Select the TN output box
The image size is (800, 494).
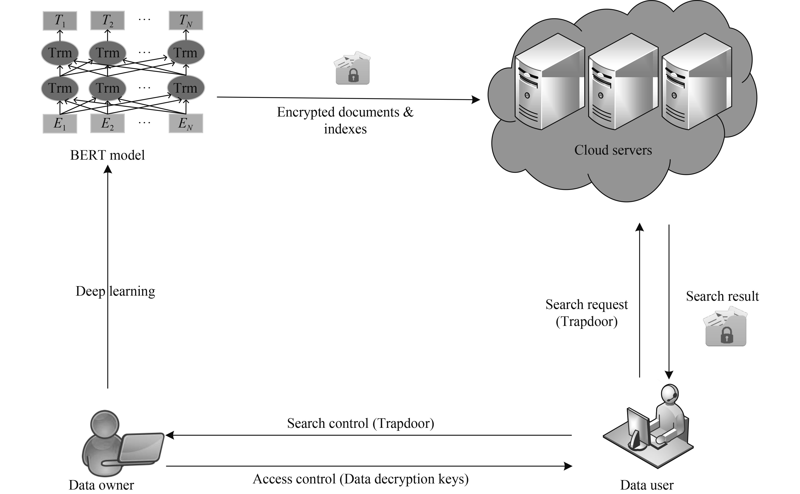[x=186, y=21]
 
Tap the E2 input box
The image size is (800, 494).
[x=107, y=124]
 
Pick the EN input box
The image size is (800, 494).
[x=186, y=124]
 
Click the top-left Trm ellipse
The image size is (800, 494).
[x=60, y=53]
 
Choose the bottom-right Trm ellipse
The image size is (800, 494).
[x=186, y=88]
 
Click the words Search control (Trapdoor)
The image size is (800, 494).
[x=361, y=423]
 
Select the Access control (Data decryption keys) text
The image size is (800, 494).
[x=361, y=479]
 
